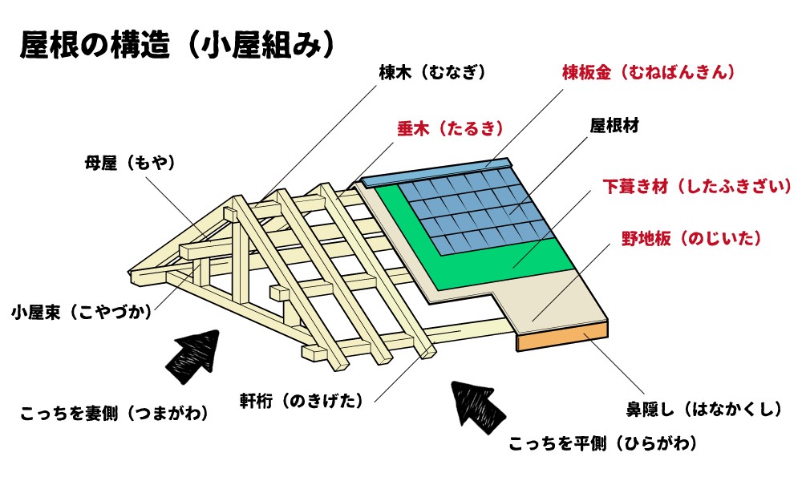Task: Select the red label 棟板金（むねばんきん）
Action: (x=648, y=73)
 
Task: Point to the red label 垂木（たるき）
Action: (x=449, y=128)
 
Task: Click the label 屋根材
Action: (x=614, y=126)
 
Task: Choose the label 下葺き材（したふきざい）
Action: (x=697, y=187)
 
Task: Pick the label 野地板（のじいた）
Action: (x=691, y=239)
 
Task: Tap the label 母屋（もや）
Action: (x=129, y=163)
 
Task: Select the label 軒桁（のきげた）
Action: (x=302, y=398)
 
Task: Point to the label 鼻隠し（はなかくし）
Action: (x=703, y=410)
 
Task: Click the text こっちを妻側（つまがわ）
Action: (x=114, y=414)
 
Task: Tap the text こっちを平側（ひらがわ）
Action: (x=602, y=443)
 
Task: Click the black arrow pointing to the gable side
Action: (x=192, y=357)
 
